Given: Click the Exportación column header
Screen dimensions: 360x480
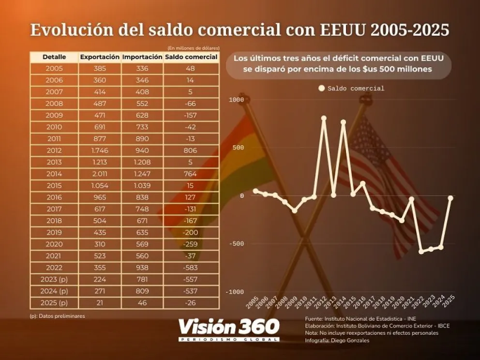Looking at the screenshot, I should click(x=100, y=57).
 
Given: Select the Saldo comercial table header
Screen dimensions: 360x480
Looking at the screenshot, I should click(x=192, y=57).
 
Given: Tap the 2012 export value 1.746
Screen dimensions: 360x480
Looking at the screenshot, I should click(x=100, y=150).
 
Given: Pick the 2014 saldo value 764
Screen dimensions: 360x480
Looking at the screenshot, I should click(x=192, y=173).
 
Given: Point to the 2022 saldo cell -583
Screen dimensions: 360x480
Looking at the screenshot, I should click(x=192, y=267).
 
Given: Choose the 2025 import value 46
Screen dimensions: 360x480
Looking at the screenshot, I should click(x=142, y=303).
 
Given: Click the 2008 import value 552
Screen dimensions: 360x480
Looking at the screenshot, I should click(x=142, y=104).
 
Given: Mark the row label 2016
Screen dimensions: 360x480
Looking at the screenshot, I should click(x=54, y=197).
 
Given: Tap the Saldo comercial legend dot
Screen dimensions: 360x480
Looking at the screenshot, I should click(x=321, y=89).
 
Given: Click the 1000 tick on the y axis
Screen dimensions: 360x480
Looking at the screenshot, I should click(x=237, y=100).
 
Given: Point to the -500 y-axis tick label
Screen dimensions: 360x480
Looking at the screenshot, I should click(x=236, y=244).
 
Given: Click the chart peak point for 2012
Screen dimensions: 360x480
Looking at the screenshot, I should click(x=324, y=118).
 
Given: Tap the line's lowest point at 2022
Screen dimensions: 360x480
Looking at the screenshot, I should click(x=421, y=252).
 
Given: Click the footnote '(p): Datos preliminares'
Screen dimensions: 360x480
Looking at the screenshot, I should click(x=58, y=316).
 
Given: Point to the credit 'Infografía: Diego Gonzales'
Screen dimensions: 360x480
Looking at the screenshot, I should click(x=337, y=340).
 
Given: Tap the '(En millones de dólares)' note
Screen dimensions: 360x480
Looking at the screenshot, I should click(x=194, y=48).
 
